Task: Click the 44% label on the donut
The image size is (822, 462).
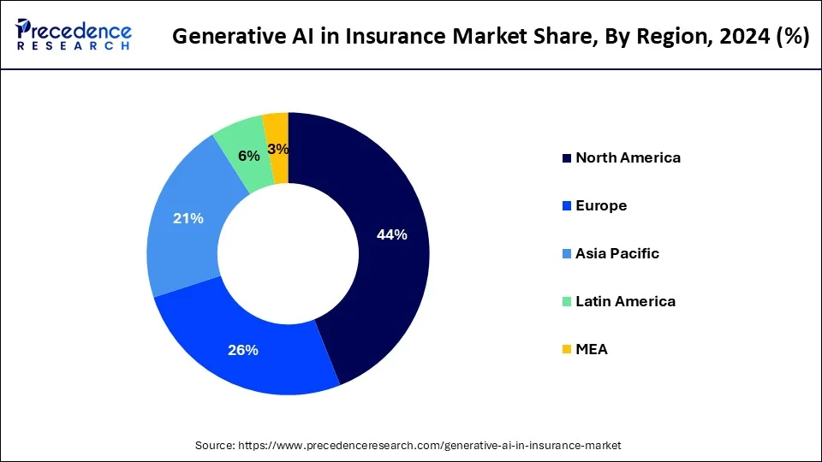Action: pyautogui.click(x=391, y=235)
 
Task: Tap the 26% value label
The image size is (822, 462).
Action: pyautogui.click(x=243, y=350)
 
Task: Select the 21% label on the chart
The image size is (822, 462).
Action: pyautogui.click(x=188, y=219)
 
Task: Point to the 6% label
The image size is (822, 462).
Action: pyautogui.click(x=248, y=156)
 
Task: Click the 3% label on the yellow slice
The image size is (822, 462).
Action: pyautogui.click(x=277, y=149)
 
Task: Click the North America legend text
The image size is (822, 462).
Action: pyautogui.click(x=628, y=157)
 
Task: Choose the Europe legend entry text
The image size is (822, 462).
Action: pyautogui.click(x=601, y=205)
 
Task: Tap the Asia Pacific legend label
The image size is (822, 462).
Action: pyautogui.click(x=617, y=253)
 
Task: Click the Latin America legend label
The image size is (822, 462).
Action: pyautogui.click(x=625, y=301)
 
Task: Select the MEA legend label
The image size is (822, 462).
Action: pyautogui.click(x=592, y=349)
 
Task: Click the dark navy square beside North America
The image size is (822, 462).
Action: pyautogui.click(x=566, y=158)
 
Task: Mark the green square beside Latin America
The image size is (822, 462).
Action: pyautogui.click(x=566, y=302)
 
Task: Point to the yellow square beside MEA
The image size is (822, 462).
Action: pyautogui.click(x=566, y=350)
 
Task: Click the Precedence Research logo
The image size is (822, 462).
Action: pyautogui.click(x=74, y=35)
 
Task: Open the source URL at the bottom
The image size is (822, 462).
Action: pyautogui.click(x=432, y=445)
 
